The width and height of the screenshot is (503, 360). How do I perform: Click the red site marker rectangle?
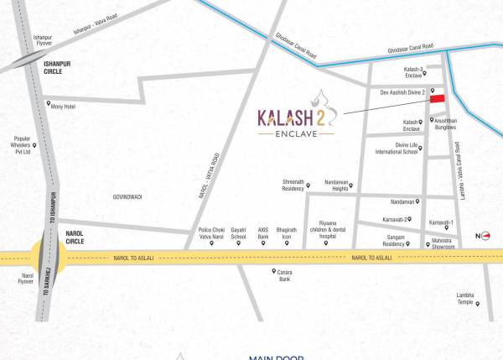point(437,99)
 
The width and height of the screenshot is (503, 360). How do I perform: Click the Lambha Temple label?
point(465,299)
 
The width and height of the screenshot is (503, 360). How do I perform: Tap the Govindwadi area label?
point(128,197)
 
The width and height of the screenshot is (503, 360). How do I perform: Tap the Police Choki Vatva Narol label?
point(211,232)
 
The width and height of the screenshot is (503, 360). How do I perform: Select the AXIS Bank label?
point(262,232)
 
